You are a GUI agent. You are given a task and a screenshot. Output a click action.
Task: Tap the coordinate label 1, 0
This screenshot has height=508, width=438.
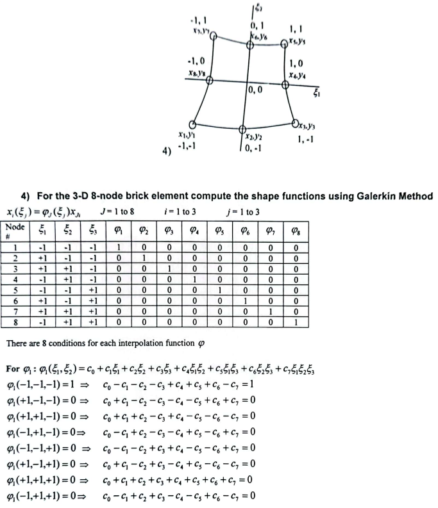(297, 63)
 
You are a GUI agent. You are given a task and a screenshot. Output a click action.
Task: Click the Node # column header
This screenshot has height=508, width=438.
(15, 227)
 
